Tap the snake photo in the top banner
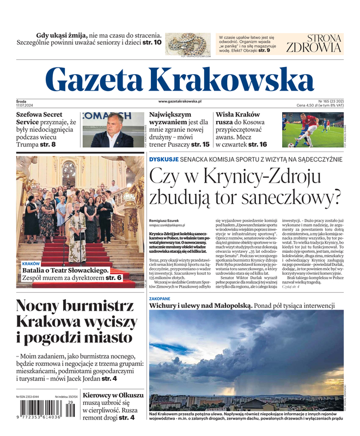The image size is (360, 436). [x=188, y=43]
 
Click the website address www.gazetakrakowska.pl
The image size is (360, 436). [x=180, y=101]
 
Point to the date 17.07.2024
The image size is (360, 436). [x=25, y=105]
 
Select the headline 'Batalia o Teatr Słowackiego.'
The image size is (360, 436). [x=65, y=270]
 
